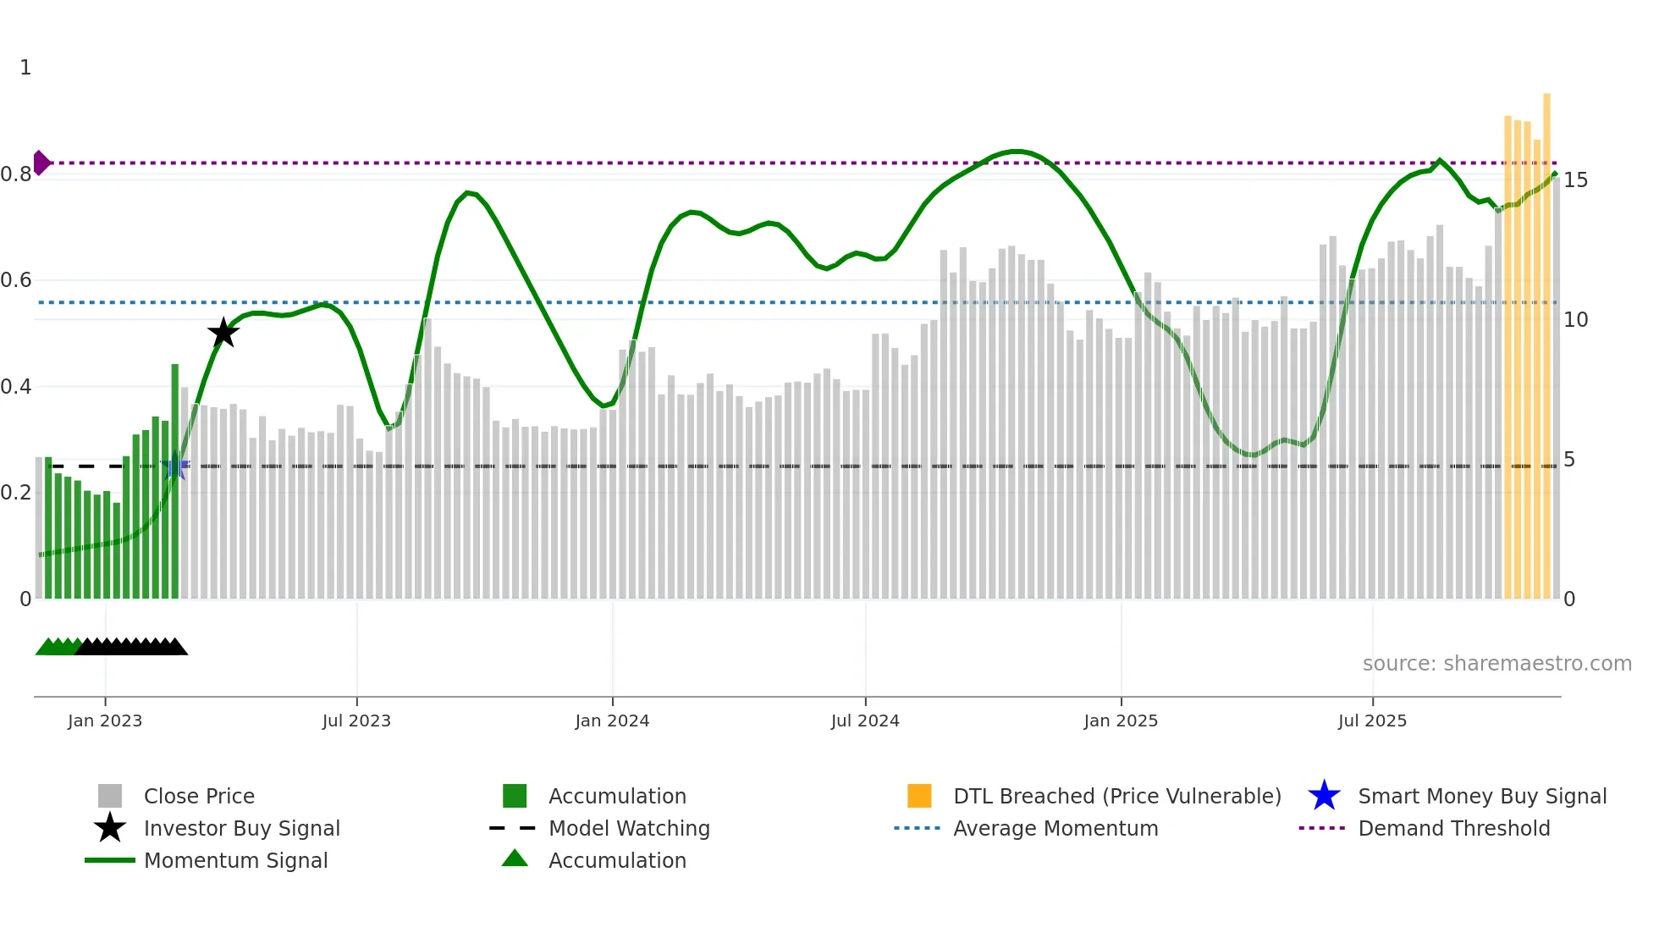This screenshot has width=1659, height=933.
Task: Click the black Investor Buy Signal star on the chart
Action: [x=223, y=333]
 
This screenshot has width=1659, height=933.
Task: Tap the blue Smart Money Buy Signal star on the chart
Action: [x=175, y=466]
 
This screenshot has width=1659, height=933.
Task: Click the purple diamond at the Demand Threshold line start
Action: [x=41, y=163]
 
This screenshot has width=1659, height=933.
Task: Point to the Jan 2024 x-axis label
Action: [x=612, y=720]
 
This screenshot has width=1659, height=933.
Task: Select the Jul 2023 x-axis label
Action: [x=356, y=720]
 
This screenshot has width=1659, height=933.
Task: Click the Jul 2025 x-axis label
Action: [x=1372, y=720]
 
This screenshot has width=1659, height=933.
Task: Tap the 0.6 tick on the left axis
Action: [x=17, y=279]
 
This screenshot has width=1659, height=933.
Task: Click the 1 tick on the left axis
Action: [x=25, y=67]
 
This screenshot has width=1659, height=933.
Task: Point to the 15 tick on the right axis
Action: [x=1575, y=179]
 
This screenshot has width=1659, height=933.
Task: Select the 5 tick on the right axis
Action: [x=1569, y=459]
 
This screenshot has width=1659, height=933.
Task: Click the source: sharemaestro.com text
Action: [x=1496, y=663]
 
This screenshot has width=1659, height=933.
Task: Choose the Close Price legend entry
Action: [x=199, y=796]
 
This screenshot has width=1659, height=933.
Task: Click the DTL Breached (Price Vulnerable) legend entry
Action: [x=1116, y=796]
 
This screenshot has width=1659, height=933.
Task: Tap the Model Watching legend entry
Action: [x=629, y=828]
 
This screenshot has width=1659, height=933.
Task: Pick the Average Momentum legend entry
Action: [x=1055, y=828]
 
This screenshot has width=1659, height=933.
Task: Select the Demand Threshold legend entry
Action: [x=1453, y=828]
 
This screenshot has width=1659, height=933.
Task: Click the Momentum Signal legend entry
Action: [x=235, y=860]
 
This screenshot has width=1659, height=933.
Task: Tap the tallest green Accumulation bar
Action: [x=175, y=483]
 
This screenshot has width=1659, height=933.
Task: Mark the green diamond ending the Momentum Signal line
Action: [x=1555, y=174]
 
